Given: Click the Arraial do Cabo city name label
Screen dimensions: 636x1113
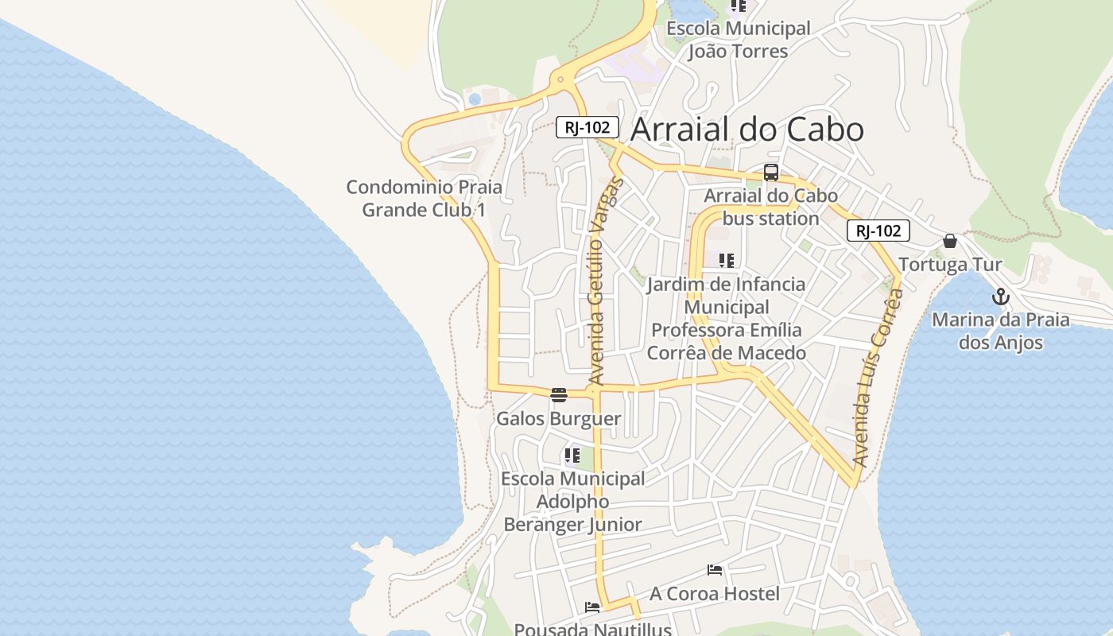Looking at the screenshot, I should (x=747, y=130).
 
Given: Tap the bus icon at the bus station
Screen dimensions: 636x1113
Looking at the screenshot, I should (x=770, y=173).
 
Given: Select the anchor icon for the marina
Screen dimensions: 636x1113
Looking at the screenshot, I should (x=1000, y=297).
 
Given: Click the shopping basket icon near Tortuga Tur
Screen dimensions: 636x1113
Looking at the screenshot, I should (x=950, y=241).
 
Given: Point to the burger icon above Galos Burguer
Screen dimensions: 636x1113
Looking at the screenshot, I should (x=559, y=395).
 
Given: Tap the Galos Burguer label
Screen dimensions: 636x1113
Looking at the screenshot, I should (x=559, y=418).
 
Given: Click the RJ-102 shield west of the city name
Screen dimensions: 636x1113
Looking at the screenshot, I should (x=588, y=127).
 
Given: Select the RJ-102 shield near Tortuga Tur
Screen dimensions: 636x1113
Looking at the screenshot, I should (x=878, y=231).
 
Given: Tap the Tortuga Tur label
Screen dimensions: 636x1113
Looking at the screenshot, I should (x=950, y=264).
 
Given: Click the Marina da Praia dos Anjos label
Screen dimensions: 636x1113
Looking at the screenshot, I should (x=1000, y=331).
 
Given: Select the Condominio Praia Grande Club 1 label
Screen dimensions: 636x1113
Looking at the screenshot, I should (x=424, y=199).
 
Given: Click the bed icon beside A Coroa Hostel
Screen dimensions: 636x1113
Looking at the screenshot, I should (x=715, y=570).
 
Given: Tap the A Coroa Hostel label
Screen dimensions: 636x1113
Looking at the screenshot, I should (x=715, y=593).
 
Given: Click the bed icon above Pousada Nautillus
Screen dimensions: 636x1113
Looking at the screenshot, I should (x=592, y=607).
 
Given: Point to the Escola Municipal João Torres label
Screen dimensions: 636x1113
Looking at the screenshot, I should (x=738, y=40).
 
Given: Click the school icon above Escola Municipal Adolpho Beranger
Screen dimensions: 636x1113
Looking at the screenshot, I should (x=572, y=456).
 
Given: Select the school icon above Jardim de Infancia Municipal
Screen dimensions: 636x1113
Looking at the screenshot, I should (x=726, y=261).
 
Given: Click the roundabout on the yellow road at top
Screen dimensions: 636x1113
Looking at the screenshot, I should (x=561, y=79).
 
